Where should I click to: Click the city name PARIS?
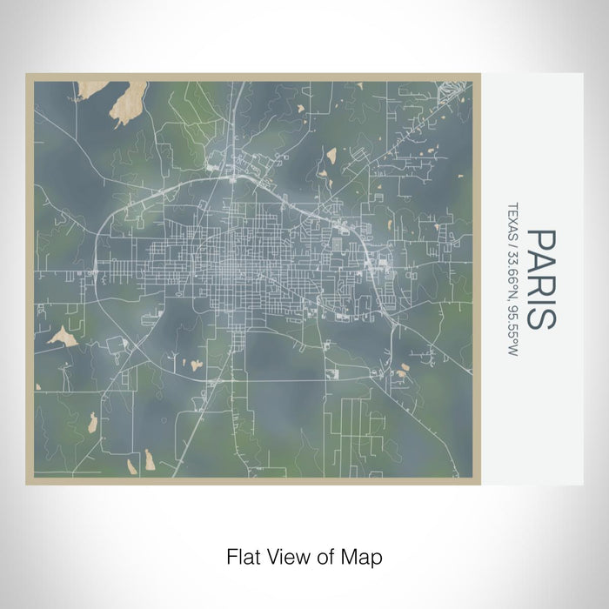[540, 278]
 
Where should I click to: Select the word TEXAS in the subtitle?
[512, 217]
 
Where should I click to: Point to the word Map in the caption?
[365, 554]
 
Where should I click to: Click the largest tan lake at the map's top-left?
[129, 102]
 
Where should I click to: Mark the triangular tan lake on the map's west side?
[64, 336]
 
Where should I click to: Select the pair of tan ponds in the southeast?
[401, 372]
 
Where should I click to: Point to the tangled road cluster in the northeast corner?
[453, 91]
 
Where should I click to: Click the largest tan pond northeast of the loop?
[331, 157]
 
